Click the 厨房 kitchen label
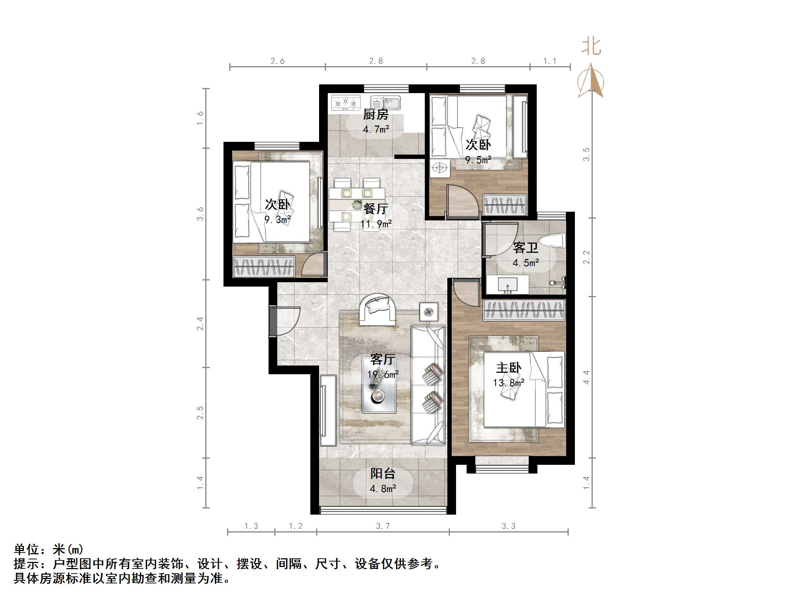pyautogui.click(x=376, y=115)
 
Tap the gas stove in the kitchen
pyautogui.click(x=346, y=103)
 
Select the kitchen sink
pyautogui.click(x=385, y=103)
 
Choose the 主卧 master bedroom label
pyautogui.click(x=509, y=368)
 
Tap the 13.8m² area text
pyautogui.click(x=509, y=383)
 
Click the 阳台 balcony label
pyautogui.click(x=383, y=474)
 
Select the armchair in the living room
pyautogui.click(x=377, y=309)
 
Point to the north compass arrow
pyautogui.click(x=591, y=81)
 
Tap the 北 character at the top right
pyautogui.click(x=592, y=47)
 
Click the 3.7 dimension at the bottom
pyautogui.click(x=383, y=526)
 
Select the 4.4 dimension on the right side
pyautogui.click(x=586, y=377)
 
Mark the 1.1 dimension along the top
pyautogui.click(x=550, y=61)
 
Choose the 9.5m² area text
pyautogui.click(x=478, y=160)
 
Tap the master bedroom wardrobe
pyautogui.click(x=524, y=310)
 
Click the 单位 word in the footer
pyautogui.click(x=27, y=549)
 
